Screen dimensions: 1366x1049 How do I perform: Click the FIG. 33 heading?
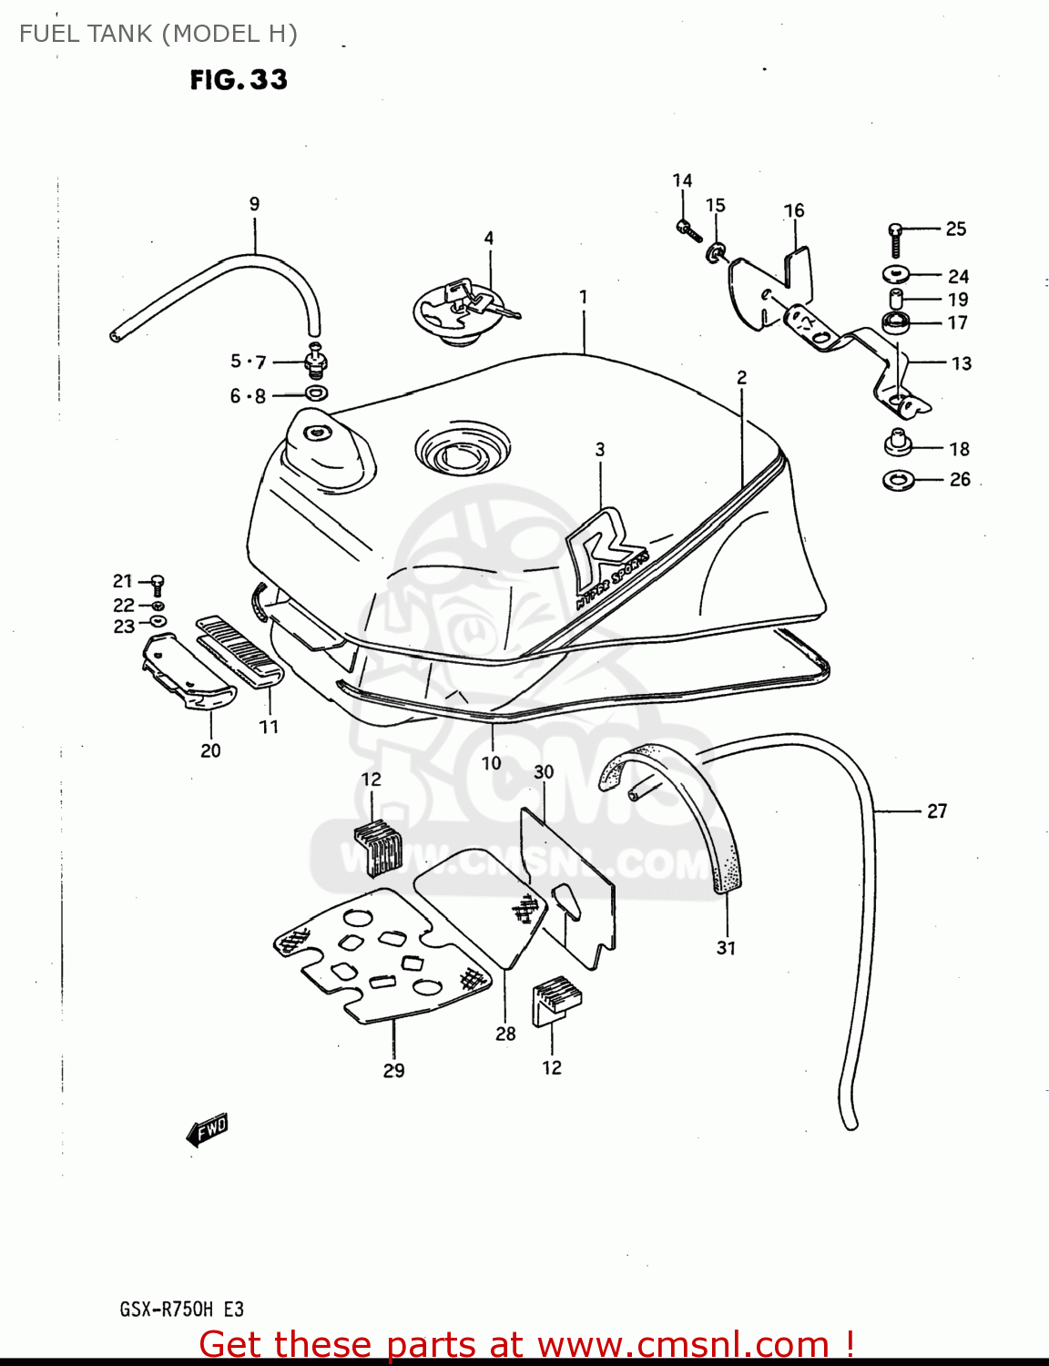point(239,80)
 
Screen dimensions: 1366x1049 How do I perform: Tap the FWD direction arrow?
point(208,1129)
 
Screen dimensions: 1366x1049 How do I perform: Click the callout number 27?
point(937,810)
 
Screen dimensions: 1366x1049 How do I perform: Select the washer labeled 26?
point(900,479)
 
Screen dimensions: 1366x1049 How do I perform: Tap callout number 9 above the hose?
point(254,204)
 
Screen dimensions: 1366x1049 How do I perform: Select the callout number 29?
point(393,1071)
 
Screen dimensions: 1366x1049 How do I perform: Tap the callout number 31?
point(726,948)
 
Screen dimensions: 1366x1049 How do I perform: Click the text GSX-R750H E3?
point(181,1310)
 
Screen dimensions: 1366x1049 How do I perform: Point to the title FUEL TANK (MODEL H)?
point(158,34)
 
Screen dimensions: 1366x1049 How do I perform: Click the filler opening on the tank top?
point(462,452)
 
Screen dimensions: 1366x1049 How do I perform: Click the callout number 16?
point(794,210)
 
